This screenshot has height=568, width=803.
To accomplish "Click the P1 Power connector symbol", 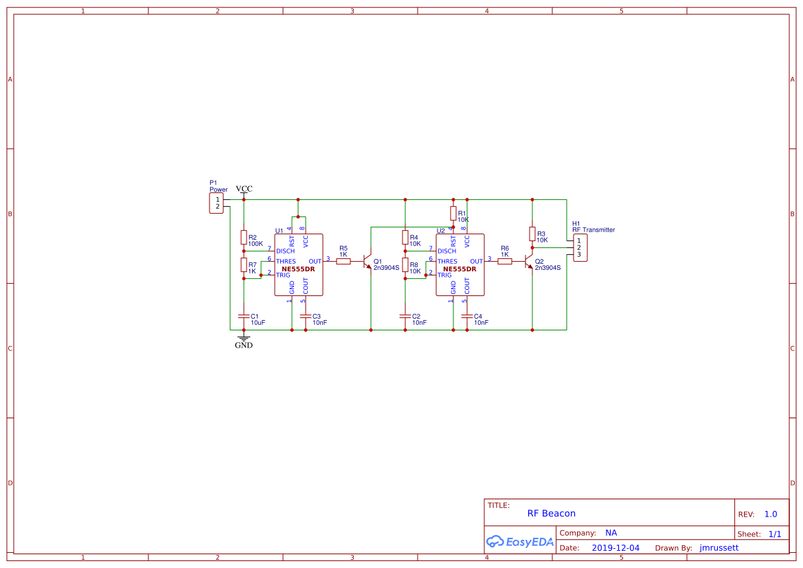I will click(x=216, y=203).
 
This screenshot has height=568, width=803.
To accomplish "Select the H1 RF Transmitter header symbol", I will click(x=580, y=248).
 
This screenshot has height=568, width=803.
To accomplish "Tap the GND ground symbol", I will click(x=243, y=338).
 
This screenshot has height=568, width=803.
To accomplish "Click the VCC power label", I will click(x=244, y=190).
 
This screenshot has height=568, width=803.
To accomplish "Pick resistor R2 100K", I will click(x=243, y=238).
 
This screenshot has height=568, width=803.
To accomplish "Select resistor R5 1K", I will click(x=343, y=261).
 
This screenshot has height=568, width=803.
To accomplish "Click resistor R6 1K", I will click(x=505, y=261).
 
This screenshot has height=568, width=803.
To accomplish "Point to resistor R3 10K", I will click(x=532, y=234).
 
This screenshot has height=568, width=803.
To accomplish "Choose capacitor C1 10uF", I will click(x=243, y=317).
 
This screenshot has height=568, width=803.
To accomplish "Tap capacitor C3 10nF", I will click(x=305, y=317).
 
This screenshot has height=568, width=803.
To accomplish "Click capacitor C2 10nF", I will click(x=405, y=317).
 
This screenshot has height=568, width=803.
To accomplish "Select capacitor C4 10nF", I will click(x=467, y=317).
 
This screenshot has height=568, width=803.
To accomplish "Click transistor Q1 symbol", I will click(x=367, y=262).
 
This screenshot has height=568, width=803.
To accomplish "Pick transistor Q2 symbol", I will click(x=529, y=262).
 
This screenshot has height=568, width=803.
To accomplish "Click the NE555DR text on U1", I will click(x=298, y=269).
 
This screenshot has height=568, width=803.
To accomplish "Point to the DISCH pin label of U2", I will click(x=447, y=251).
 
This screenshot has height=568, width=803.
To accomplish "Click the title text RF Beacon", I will click(x=551, y=514).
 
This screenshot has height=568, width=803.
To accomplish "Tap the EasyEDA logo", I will click(x=519, y=541).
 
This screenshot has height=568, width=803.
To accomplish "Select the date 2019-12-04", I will click(x=615, y=548).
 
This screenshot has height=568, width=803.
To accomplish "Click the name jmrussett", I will click(x=719, y=548).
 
